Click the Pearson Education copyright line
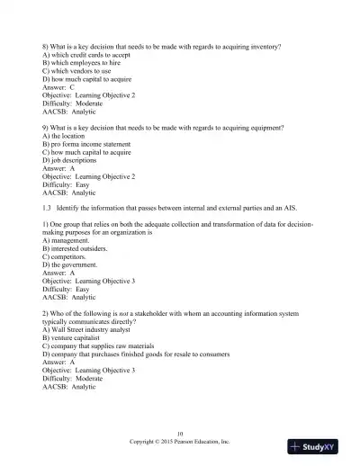180,443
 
